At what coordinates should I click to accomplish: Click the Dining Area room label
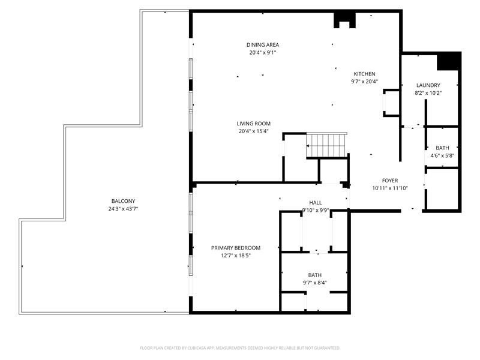pos(262,45)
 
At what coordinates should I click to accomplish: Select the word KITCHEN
pos(364,74)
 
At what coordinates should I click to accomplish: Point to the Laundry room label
pos(428,86)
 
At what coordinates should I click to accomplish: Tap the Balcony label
pos(123,201)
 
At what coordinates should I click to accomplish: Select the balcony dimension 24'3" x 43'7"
pos(123,209)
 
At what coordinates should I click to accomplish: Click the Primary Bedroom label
pos(235,248)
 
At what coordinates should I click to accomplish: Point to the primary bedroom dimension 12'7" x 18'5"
pos(235,256)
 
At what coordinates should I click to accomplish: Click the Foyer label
pos(390,181)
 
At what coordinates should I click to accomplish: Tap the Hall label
pos(316,203)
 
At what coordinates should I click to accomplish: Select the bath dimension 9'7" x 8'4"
pos(315,283)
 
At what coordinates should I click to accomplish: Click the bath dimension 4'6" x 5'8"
pos(442,156)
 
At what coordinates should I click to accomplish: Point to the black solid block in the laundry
pos(448,61)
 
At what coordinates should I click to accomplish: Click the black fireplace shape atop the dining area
pos(344,19)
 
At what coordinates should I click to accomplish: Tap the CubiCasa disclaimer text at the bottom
pos(240,348)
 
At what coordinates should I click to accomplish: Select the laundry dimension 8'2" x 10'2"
pos(428,94)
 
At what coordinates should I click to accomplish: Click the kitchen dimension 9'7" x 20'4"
pos(364,82)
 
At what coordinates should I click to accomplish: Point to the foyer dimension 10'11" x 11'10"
pos(390,188)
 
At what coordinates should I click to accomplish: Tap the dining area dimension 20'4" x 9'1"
pos(262,53)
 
